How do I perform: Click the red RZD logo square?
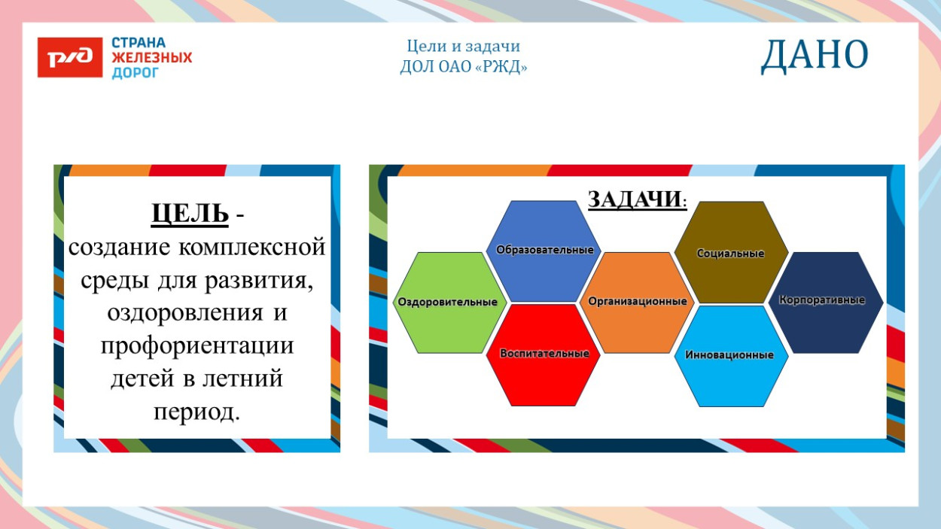[x=70, y=57]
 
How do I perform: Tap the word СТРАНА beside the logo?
[x=139, y=43]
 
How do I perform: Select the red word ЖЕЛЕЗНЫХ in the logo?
[x=152, y=58]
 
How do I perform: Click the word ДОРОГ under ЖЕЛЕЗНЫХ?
[x=136, y=73]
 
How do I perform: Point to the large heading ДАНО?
[x=815, y=56]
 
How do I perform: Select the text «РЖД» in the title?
[x=503, y=67]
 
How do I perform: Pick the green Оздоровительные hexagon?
[x=448, y=303]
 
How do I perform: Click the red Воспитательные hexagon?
[x=544, y=354]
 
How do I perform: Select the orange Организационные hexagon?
[x=638, y=302]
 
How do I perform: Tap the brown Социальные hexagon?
[x=730, y=253]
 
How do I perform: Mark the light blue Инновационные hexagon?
[x=730, y=355]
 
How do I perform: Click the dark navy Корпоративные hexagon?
[x=826, y=301]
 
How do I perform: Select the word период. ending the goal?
[x=196, y=412]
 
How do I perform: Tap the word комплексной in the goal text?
[x=252, y=247]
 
